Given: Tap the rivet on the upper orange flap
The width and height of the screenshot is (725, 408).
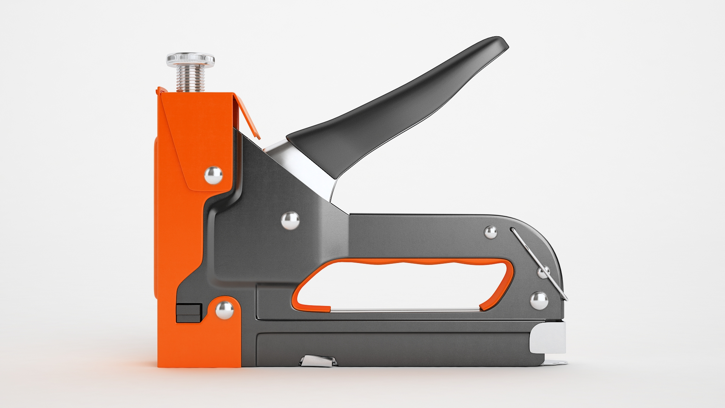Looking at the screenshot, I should (213, 175).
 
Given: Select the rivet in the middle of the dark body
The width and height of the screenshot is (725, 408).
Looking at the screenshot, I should (290, 220).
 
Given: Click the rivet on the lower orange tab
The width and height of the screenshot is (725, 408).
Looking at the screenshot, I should (224, 310).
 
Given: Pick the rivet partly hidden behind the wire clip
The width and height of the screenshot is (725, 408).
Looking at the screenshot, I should (543, 272).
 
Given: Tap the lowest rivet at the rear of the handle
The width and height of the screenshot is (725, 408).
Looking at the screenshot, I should (539, 301).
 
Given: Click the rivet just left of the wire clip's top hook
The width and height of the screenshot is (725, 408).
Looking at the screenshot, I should (491, 232).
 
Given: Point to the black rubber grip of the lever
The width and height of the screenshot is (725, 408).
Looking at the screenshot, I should (396, 110).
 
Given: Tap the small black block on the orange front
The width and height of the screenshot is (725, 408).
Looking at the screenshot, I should (189, 313).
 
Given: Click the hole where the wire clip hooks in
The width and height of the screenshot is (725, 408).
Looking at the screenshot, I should (512, 229).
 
